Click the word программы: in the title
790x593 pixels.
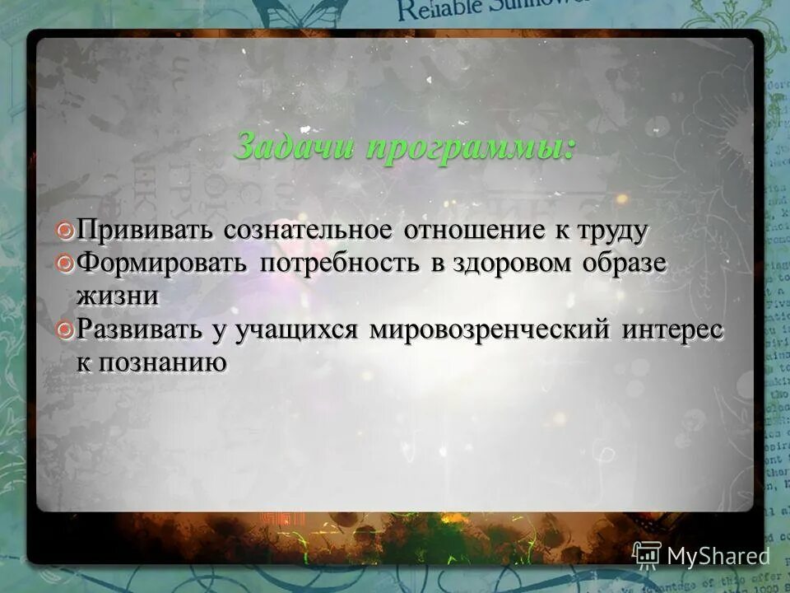pyautogui.click(x=471, y=147)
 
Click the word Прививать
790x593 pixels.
pyautogui.click(x=146, y=231)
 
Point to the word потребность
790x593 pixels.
pyautogui.click(x=340, y=264)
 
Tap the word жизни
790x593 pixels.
pyautogui.click(x=118, y=295)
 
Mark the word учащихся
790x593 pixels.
pyautogui.click(x=295, y=330)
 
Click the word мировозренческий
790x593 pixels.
pyautogui.click(x=489, y=330)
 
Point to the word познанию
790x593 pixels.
pyautogui.click(x=161, y=362)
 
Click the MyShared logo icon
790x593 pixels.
pyautogui.click(x=647, y=554)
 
